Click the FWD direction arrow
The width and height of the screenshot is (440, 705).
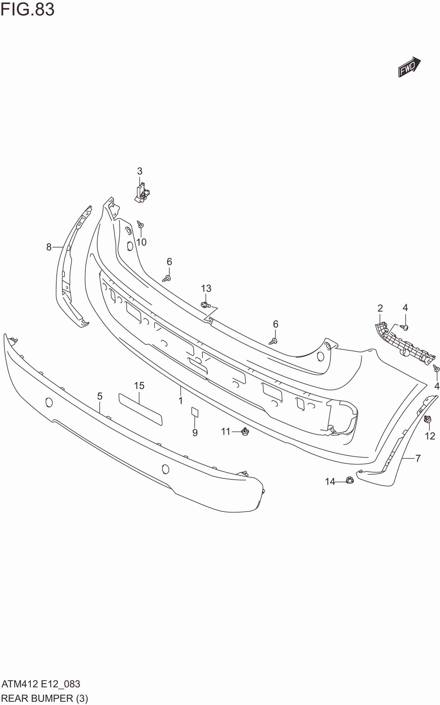(x=409, y=67)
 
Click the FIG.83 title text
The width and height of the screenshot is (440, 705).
(x=27, y=10)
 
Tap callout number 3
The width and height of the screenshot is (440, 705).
(x=140, y=171)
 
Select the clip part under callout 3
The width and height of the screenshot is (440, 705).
(x=143, y=192)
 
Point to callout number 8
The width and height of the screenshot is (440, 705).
(x=49, y=247)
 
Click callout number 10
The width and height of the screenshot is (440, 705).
(x=141, y=242)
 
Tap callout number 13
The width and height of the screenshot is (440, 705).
(x=206, y=288)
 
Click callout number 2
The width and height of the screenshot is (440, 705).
(x=380, y=308)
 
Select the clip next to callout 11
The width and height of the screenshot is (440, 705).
(x=245, y=432)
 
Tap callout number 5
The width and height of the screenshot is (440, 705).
(x=100, y=396)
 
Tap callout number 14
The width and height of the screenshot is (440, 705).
(x=330, y=481)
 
